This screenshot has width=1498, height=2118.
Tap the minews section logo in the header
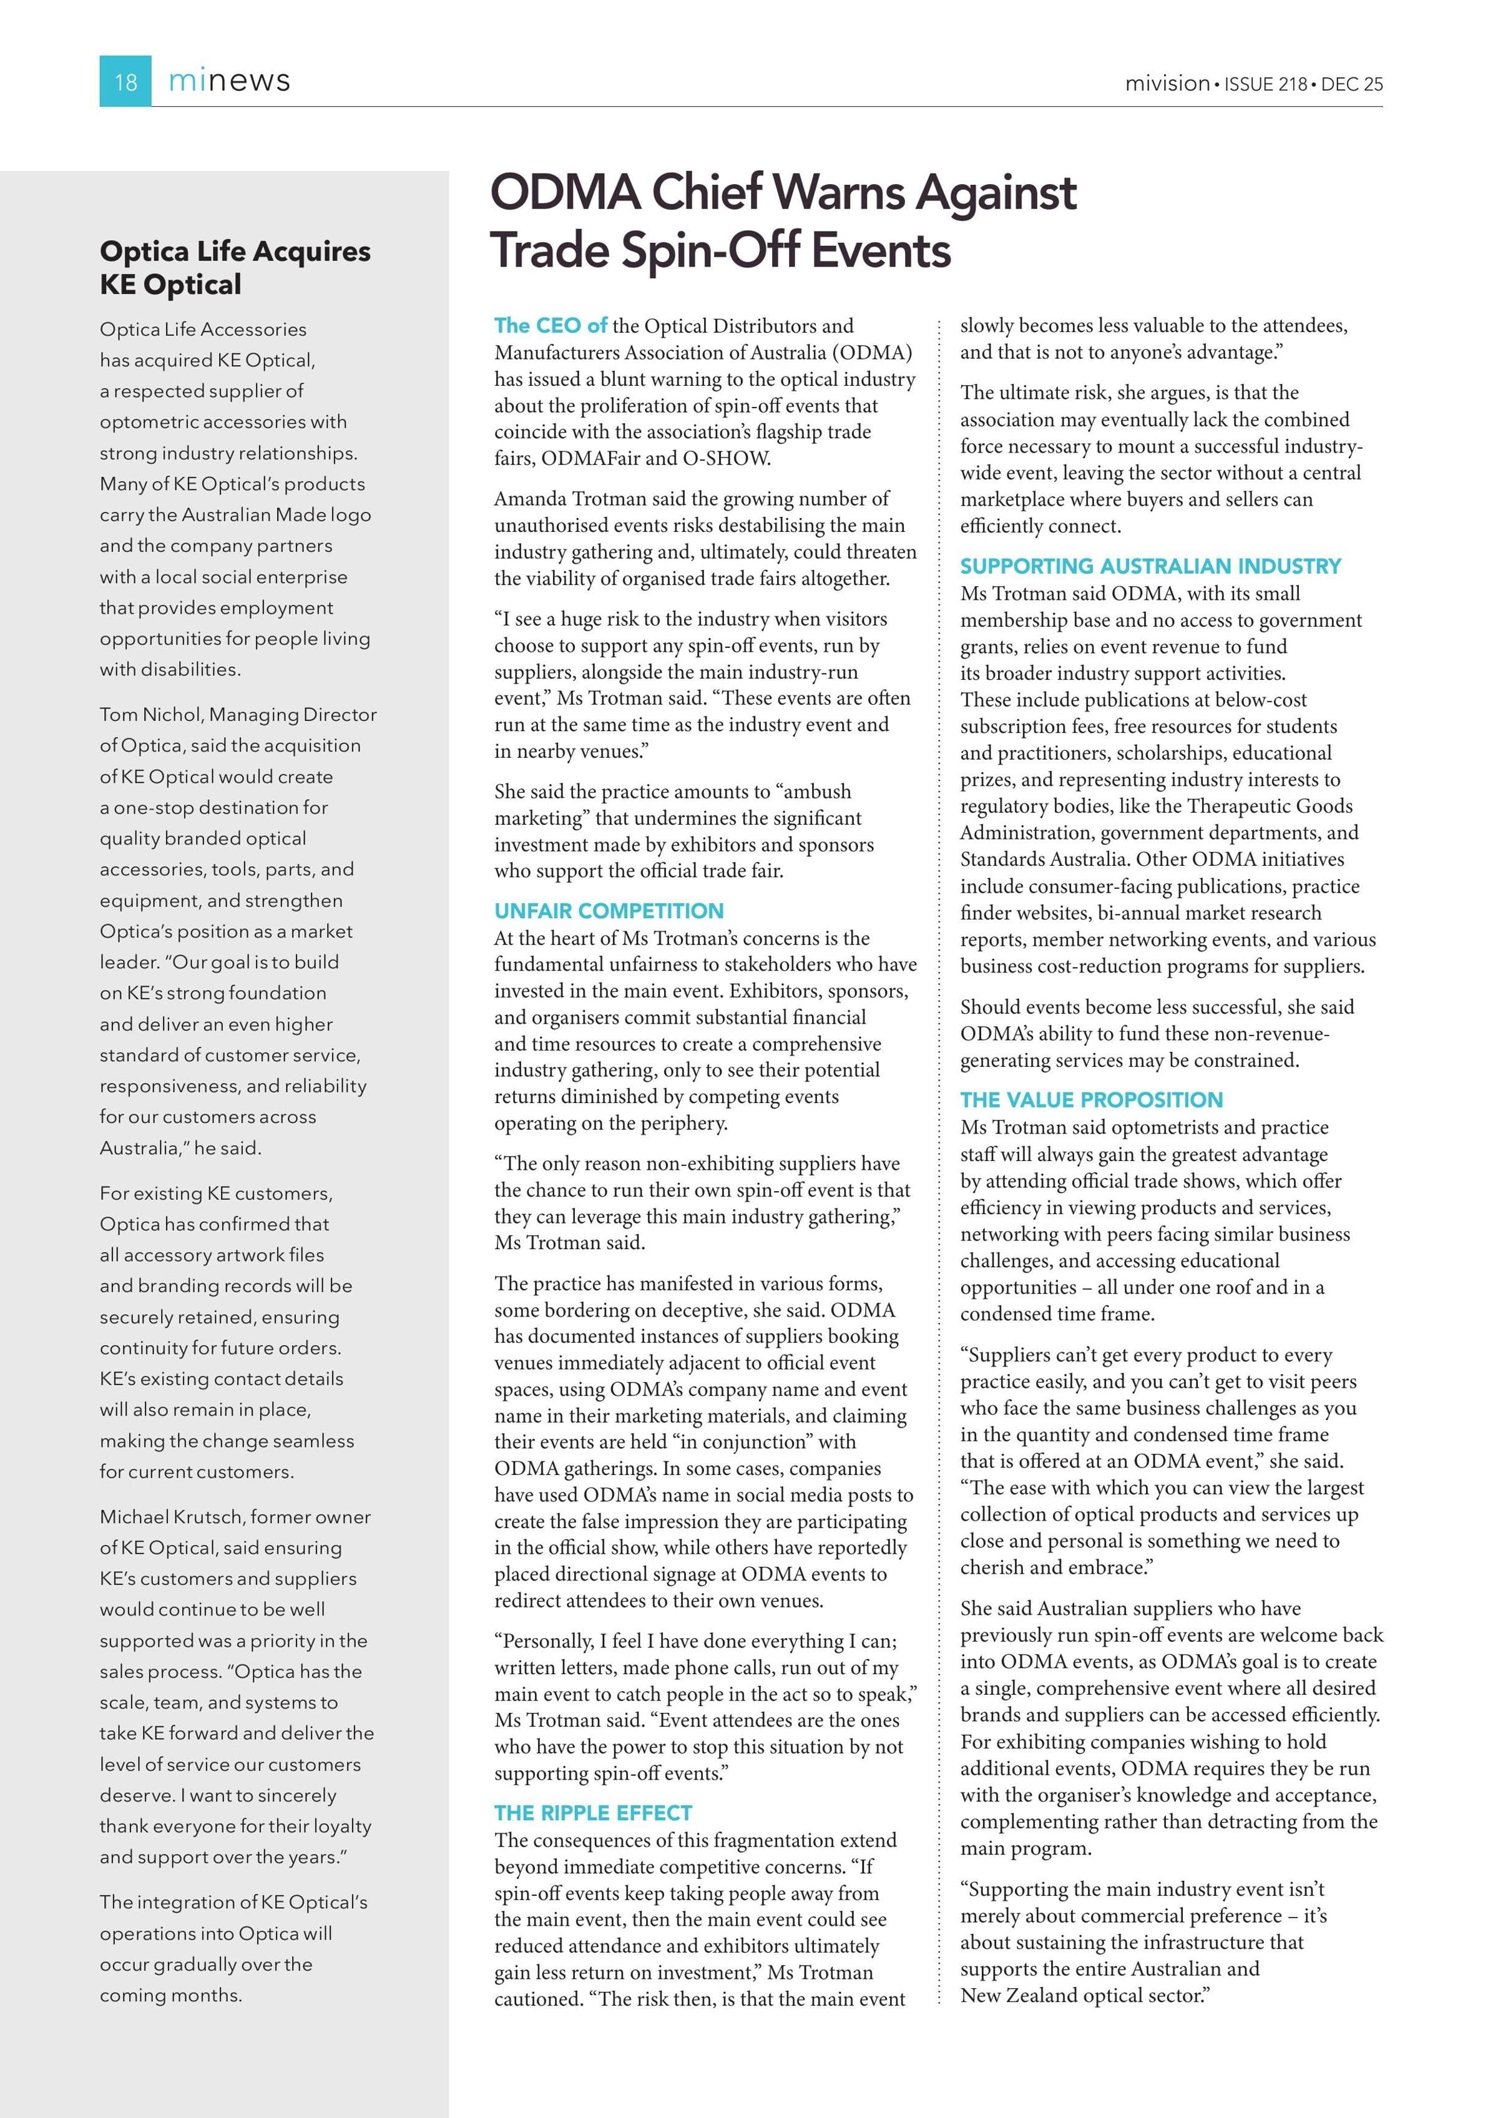pyautogui.click(x=229, y=81)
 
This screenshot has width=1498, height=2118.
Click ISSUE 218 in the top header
pyautogui.click(x=1266, y=84)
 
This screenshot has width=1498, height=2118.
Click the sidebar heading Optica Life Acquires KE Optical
pyautogui.click(x=235, y=268)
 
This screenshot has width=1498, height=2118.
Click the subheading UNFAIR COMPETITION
pyautogui.click(x=609, y=911)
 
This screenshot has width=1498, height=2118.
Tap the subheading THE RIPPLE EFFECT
pyautogui.click(x=593, y=1813)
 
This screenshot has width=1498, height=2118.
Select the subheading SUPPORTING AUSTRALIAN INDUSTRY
pyautogui.click(x=1150, y=566)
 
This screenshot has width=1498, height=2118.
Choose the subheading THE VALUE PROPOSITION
pyautogui.click(x=1091, y=1100)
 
